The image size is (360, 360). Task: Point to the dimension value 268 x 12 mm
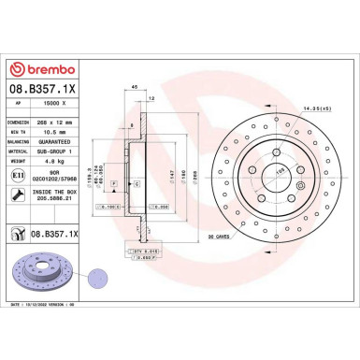[x=67, y=123]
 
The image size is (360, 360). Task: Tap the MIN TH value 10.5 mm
[x=60, y=132]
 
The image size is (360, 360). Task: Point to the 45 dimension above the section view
[x=135, y=87]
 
